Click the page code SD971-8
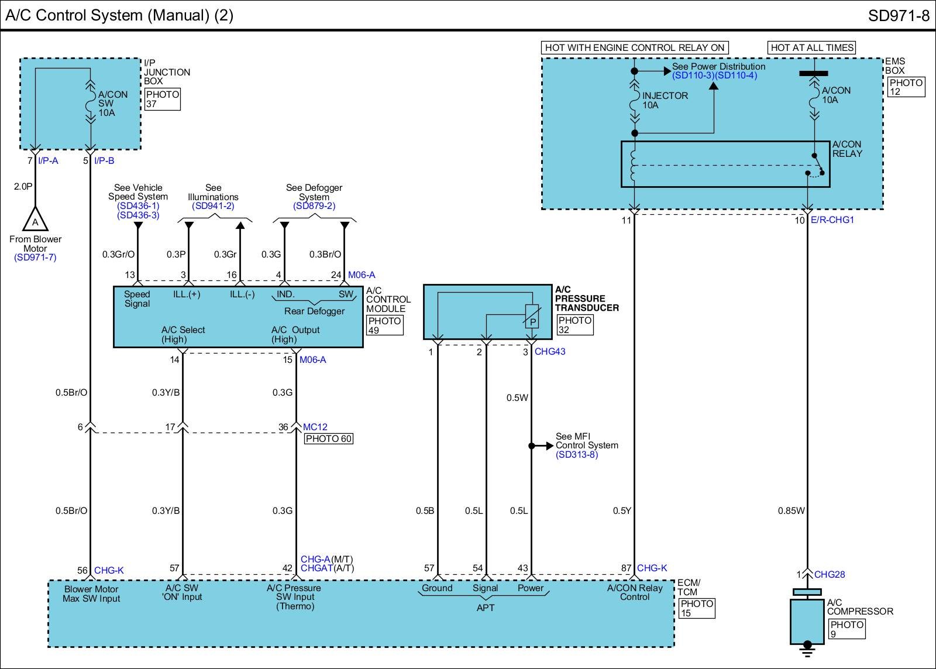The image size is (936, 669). click(x=899, y=15)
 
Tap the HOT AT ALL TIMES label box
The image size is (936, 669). click(x=811, y=47)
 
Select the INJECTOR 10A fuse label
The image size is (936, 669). click(x=665, y=100)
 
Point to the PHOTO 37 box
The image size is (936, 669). click(x=163, y=99)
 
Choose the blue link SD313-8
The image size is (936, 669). click(x=577, y=455)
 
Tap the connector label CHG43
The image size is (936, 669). click(x=550, y=352)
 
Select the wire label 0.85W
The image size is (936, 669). click(x=791, y=510)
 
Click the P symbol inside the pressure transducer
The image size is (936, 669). click(x=533, y=323)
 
